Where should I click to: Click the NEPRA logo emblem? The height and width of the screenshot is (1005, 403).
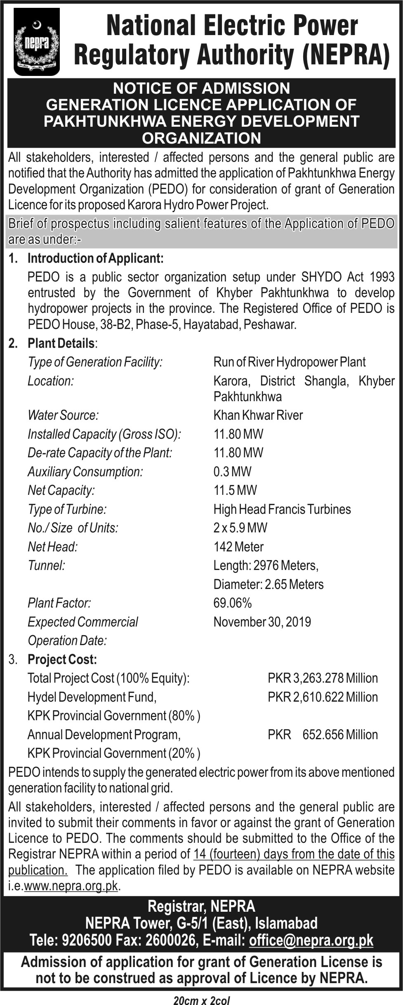(x=36, y=42)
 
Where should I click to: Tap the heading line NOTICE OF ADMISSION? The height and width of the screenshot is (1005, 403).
(x=202, y=88)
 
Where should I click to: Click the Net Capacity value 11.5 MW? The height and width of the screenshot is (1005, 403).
(x=235, y=490)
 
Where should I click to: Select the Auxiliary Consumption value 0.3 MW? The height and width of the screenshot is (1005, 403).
(x=232, y=471)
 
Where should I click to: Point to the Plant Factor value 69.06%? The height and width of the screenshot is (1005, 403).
(x=232, y=603)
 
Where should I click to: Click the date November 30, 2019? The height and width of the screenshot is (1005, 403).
(x=262, y=622)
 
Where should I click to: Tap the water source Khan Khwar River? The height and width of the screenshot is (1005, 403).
(x=258, y=415)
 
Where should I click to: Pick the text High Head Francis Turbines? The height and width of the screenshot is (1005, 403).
(x=282, y=509)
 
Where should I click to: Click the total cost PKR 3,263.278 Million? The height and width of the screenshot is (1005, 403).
(x=323, y=678)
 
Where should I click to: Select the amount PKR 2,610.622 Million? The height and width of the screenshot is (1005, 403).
(x=323, y=697)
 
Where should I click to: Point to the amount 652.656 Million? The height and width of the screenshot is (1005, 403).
(x=340, y=735)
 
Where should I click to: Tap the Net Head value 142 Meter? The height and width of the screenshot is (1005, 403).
(x=238, y=546)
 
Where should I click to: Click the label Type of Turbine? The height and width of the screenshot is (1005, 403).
(x=67, y=509)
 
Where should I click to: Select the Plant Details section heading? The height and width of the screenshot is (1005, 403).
(x=61, y=343)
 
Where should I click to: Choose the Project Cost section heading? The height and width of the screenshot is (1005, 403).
(x=62, y=659)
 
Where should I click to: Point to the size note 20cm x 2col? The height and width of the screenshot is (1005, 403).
(x=202, y=1000)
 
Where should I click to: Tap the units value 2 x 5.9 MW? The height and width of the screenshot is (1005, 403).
(x=240, y=527)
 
